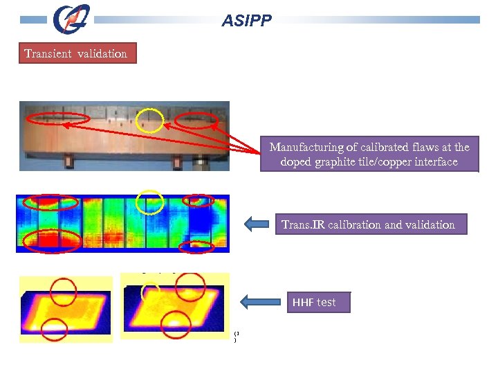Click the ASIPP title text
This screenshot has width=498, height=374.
246,21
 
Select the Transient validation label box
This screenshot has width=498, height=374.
76,53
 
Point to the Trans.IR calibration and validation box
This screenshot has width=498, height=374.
369,224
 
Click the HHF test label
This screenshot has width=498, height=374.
314,303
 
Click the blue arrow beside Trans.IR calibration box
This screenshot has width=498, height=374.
258,224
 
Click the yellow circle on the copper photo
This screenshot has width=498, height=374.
150,121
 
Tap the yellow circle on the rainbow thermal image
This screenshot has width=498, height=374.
150,202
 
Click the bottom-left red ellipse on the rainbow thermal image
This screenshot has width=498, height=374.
50,240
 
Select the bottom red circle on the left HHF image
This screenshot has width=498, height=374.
54,330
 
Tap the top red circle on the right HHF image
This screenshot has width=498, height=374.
190,286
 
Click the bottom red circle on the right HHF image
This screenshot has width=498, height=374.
176,322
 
